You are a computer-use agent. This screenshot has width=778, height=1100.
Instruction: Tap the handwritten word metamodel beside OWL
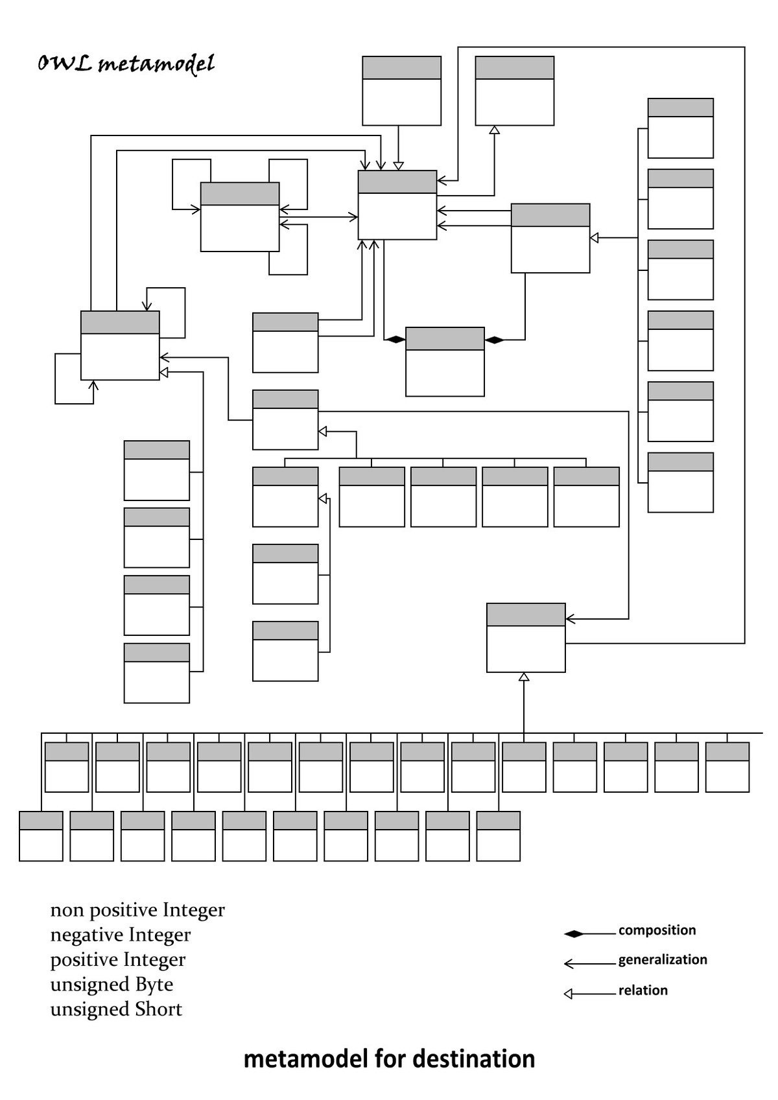click(156, 64)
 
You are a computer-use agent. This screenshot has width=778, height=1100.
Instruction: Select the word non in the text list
click(67, 911)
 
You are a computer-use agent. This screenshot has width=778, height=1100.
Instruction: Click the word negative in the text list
click(82, 935)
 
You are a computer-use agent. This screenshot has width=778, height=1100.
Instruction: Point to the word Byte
click(154, 985)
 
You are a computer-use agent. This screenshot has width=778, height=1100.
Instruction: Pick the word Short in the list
click(158, 1009)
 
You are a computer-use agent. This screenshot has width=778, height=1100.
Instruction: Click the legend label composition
click(657, 931)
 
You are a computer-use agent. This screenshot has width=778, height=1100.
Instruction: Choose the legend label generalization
click(663, 960)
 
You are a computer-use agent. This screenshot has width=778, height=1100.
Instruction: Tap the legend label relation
click(642, 990)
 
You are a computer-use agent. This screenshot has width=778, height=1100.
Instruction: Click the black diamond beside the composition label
click(574, 934)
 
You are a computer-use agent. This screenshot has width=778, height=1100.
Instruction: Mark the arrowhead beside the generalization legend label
click(569, 964)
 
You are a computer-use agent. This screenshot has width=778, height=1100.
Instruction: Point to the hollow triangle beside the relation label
click(569, 994)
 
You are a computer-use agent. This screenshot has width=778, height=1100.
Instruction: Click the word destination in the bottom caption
click(473, 1059)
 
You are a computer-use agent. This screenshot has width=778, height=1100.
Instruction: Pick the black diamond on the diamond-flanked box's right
click(495, 340)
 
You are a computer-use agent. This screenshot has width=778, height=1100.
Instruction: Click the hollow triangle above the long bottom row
click(524, 677)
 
